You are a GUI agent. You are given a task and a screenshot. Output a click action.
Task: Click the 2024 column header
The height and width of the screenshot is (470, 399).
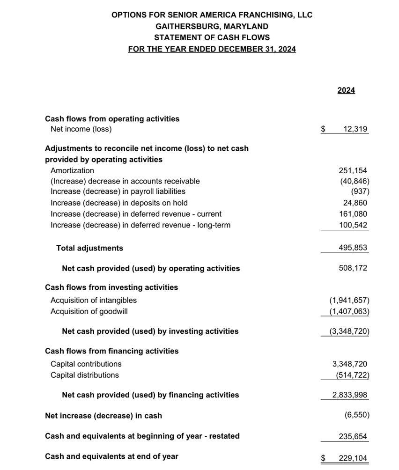tap(346, 90)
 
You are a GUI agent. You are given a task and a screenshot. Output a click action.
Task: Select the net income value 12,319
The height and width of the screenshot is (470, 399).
tap(355, 129)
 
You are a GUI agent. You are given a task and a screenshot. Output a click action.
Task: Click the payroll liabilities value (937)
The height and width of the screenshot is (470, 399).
tap(360, 191)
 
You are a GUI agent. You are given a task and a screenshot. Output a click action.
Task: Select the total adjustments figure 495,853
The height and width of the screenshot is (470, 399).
tap(353, 248)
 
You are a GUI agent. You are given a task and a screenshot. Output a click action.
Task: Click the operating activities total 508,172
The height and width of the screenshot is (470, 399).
tap(353, 268)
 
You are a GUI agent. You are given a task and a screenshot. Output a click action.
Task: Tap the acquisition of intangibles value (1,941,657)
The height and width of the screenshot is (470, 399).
tap(349, 300)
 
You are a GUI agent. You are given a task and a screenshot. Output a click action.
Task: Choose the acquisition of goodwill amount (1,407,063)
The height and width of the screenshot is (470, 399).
tap(349, 311)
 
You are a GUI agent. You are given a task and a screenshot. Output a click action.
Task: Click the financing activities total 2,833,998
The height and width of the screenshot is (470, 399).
tap(349, 395)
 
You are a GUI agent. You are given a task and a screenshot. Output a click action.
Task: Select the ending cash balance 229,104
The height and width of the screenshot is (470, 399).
tap(353, 458)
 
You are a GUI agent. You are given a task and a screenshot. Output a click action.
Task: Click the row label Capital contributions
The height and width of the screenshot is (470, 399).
tap(86, 364)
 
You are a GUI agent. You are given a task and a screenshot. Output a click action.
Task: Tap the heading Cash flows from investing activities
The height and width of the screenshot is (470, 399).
tap(111, 287)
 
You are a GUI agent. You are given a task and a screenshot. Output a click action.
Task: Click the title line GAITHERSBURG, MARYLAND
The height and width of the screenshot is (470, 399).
tap(212, 26)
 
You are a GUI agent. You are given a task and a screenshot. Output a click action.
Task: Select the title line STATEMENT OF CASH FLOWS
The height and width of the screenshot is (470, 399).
tap(212, 37)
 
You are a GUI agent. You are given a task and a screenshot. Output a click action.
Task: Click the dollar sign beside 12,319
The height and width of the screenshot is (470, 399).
tap(323, 129)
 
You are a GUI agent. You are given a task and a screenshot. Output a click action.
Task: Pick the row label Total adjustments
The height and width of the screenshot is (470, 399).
tap(89, 248)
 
